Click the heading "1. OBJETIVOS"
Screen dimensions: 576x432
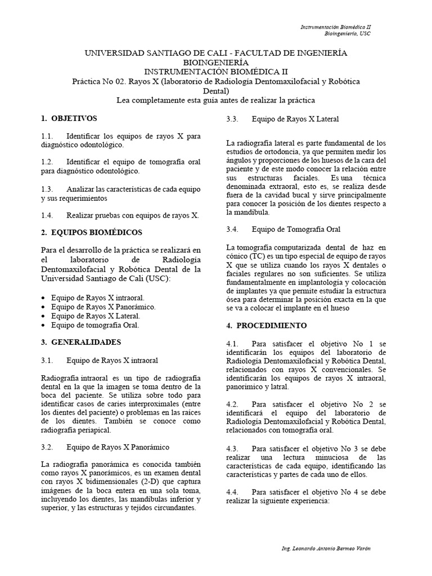point(69,119)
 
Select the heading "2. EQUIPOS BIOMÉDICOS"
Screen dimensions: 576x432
point(92,232)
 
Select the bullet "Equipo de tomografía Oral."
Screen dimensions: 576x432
point(94,325)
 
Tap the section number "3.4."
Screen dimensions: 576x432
point(233,229)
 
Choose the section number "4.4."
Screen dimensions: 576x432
point(233,491)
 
